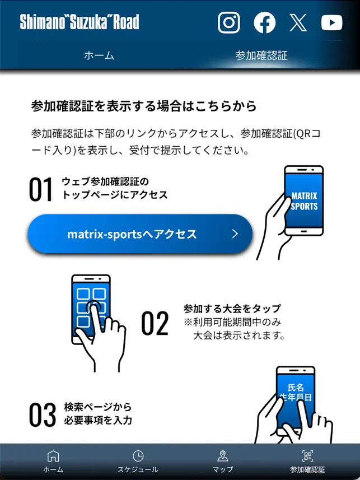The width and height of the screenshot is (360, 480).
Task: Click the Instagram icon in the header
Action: pyautogui.click(x=228, y=22)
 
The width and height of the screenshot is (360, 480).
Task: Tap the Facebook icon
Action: pyautogui.click(x=264, y=22)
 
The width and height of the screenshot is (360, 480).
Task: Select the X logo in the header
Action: pyautogui.click(x=298, y=22)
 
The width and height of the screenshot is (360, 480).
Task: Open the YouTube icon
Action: pyautogui.click(x=332, y=22)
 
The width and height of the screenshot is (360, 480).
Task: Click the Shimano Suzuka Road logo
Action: pyautogui.click(x=80, y=22)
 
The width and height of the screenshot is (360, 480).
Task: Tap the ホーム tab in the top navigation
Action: pyautogui.click(x=99, y=55)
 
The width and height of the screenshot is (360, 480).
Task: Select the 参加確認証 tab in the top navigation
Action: pyautogui.click(x=261, y=55)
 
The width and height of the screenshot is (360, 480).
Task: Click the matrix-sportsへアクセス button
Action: pyautogui.click(x=140, y=234)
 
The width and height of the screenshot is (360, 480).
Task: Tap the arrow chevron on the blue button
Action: pyautogui.click(x=235, y=234)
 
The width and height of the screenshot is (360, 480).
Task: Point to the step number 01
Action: pyautogui.click(x=41, y=189)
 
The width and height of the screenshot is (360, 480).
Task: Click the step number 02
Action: pyautogui.click(x=155, y=323)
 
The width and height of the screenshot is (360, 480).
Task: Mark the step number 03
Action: pyautogui.click(x=43, y=414)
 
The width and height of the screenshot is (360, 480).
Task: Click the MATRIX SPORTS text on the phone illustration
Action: pyautogui.click(x=304, y=201)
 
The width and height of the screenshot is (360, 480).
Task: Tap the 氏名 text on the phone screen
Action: pyautogui.click(x=296, y=388)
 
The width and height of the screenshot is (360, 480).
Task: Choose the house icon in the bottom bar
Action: pyautogui.click(x=53, y=456)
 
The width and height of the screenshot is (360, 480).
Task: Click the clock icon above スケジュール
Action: pyautogui.click(x=138, y=456)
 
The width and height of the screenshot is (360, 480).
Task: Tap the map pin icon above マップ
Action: pyautogui.click(x=223, y=456)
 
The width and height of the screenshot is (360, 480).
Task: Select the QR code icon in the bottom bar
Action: pyautogui.click(x=308, y=456)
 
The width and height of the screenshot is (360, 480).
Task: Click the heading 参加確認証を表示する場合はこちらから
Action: pyautogui.click(x=144, y=106)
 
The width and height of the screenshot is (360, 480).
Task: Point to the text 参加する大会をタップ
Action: pyautogui.click(x=232, y=309)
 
